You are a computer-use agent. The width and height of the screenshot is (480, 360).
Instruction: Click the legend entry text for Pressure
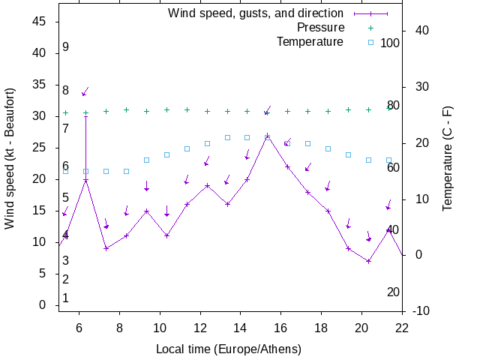(x=320, y=28)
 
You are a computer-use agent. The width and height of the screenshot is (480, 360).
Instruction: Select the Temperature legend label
(x=310, y=41)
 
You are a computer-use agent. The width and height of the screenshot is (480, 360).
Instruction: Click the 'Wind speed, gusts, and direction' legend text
(x=255, y=13)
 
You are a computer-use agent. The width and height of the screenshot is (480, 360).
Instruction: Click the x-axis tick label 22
(x=402, y=327)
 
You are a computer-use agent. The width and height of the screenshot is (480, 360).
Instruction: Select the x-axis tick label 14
(x=240, y=327)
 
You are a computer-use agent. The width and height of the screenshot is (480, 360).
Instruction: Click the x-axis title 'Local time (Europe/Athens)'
(x=228, y=349)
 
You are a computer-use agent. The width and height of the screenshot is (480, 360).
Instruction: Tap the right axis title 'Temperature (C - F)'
(x=447, y=157)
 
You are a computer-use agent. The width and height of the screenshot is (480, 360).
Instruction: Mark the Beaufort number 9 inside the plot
(x=66, y=47)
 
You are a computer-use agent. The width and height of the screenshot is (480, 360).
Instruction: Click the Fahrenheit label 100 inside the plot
(x=390, y=43)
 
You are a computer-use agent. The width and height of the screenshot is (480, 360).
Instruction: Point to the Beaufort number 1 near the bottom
(x=66, y=298)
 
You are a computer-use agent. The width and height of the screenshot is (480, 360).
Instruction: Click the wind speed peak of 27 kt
(x=267, y=136)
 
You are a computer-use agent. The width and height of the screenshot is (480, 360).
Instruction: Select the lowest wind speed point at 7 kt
(x=368, y=261)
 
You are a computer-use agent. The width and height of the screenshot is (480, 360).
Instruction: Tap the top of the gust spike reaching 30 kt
(x=85, y=116)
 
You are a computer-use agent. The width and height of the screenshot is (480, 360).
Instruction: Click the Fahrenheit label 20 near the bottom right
(x=393, y=292)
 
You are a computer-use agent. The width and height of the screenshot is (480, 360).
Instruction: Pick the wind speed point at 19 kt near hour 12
(x=207, y=185)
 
